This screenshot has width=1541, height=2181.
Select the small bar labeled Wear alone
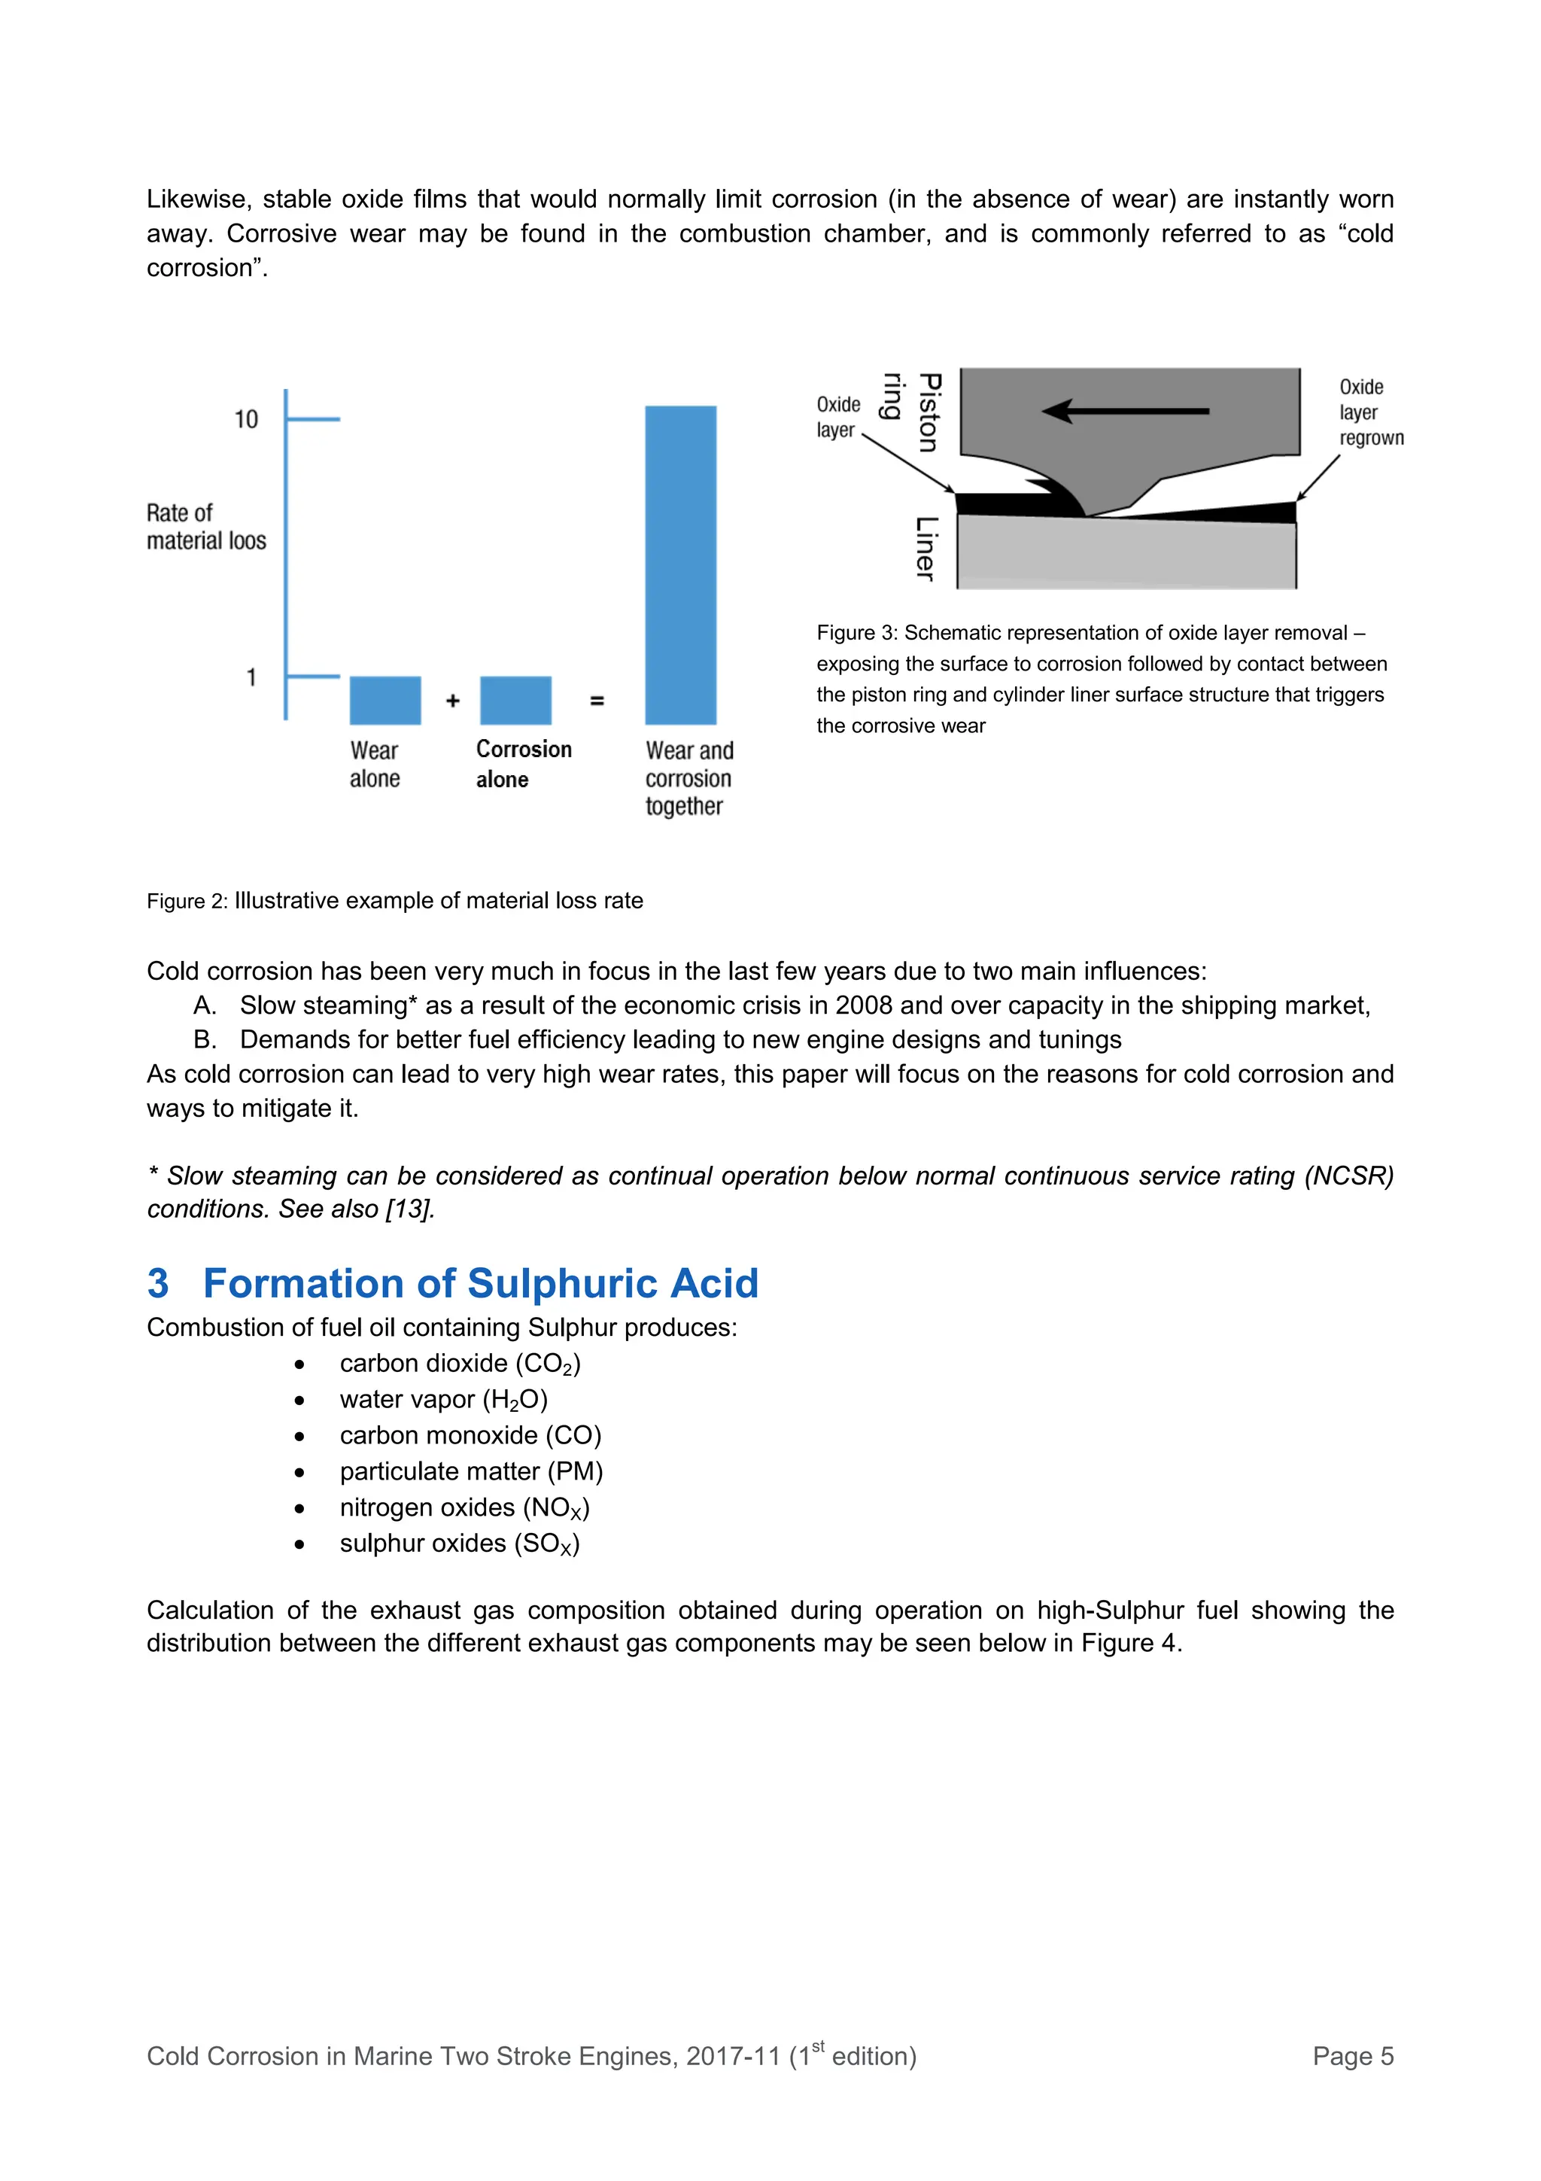pyautogui.click(x=384, y=700)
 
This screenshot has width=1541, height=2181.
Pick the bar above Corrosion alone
pyautogui.click(x=515, y=700)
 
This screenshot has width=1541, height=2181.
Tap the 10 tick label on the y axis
pyautogui.click(x=246, y=420)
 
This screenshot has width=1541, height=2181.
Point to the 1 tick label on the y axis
pyautogui.click(x=251, y=677)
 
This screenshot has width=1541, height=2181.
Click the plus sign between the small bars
pyautogui.click(x=453, y=701)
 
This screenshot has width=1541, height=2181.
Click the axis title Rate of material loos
pyautogui.click(x=205, y=528)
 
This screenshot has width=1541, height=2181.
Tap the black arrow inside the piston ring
pyautogui.click(x=1124, y=412)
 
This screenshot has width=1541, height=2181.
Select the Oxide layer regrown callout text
pyautogui.click(x=1370, y=412)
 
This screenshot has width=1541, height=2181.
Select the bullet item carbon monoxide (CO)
pyautogui.click(x=470, y=1435)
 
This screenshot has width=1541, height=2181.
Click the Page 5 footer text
pyautogui.click(x=1352, y=2055)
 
